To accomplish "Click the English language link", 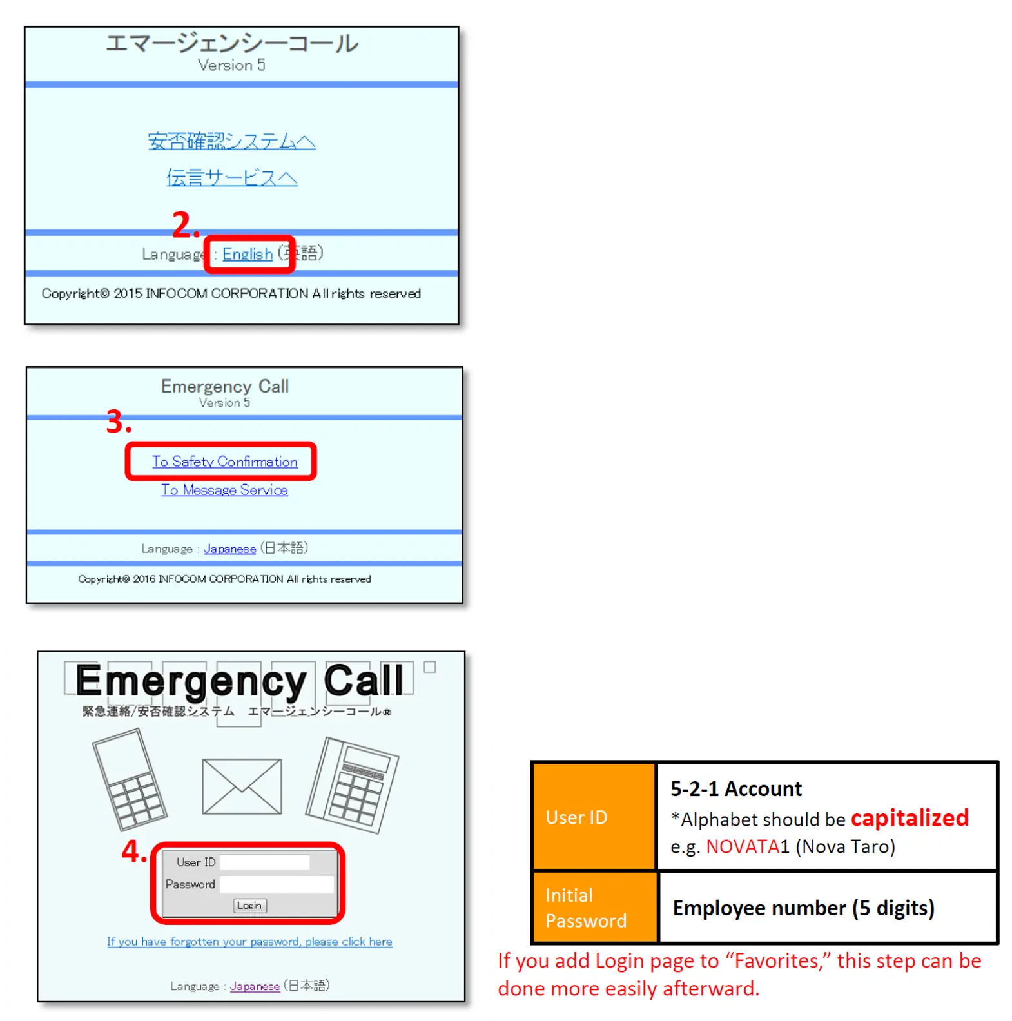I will [x=248, y=255].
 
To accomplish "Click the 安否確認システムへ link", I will [x=231, y=141].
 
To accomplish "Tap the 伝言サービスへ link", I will [x=231, y=177].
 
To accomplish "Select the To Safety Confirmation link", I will [x=224, y=462].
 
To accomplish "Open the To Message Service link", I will [x=224, y=490].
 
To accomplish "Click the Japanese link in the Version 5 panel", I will [x=229, y=549].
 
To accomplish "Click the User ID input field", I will [x=265, y=862].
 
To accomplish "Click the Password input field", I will [x=277, y=884].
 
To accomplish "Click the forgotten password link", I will [x=249, y=942].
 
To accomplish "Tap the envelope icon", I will [x=242, y=786].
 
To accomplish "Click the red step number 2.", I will [x=184, y=226].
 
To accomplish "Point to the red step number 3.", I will [x=119, y=422].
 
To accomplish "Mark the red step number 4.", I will [x=134, y=851].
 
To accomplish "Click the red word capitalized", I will [x=909, y=818].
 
